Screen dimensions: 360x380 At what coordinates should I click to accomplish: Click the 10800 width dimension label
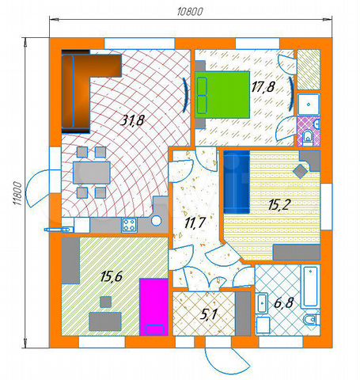click(x=190, y=12)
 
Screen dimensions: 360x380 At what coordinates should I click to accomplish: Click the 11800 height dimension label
click(x=17, y=193)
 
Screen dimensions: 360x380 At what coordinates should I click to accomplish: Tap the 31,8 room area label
click(x=132, y=120)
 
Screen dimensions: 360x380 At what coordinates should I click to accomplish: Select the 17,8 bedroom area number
click(x=263, y=87)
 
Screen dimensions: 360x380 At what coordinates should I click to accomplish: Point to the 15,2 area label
click(x=280, y=205)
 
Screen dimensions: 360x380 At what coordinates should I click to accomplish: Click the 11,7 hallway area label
click(x=195, y=223)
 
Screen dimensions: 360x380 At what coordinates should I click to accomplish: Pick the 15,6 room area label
click(x=112, y=277)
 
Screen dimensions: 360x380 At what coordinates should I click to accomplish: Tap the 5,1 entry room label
click(x=208, y=314)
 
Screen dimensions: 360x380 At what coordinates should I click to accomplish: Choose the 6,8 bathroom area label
click(x=283, y=302)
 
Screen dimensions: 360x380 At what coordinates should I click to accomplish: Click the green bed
click(x=222, y=94)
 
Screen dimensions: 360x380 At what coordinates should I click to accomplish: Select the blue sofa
click(x=237, y=182)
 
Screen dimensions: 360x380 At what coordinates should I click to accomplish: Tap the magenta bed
click(x=154, y=307)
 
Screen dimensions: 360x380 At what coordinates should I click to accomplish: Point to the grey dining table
click(x=92, y=173)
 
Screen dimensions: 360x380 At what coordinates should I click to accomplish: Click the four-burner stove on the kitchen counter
click(x=129, y=225)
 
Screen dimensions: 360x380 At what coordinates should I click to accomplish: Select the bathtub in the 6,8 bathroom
click(x=310, y=287)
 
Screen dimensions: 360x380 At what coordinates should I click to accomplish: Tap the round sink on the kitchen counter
click(x=156, y=221)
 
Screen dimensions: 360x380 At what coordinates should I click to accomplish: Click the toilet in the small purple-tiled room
click(x=308, y=137)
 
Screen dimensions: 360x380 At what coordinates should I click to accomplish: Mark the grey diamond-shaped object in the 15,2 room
click(x=300, y=171)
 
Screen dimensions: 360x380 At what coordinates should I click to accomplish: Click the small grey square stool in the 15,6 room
click(x=105, y=302)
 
